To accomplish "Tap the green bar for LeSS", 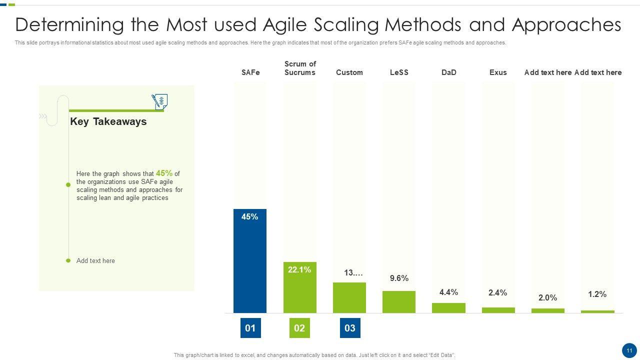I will coord(399,302).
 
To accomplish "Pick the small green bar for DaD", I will coord(448,308).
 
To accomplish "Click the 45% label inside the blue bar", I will coord(249,217).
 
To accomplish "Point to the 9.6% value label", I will coord(399,278).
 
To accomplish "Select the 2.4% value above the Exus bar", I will coord(498,293).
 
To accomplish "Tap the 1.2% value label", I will coord(597,294).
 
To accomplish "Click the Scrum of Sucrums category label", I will coord(300,68).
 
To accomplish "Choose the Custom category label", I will coord(349,72).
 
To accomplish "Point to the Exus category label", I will coord(498,72).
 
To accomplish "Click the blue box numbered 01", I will coord(250,328).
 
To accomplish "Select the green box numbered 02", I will coord(299,328).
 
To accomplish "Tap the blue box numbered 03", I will coord(350,328).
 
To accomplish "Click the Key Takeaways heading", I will coord(108,121).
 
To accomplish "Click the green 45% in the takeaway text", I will coord(164,173).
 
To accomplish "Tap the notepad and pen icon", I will coord(159,101).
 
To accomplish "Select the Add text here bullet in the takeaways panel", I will coord(95,260).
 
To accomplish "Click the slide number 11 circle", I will coord(629,350).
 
